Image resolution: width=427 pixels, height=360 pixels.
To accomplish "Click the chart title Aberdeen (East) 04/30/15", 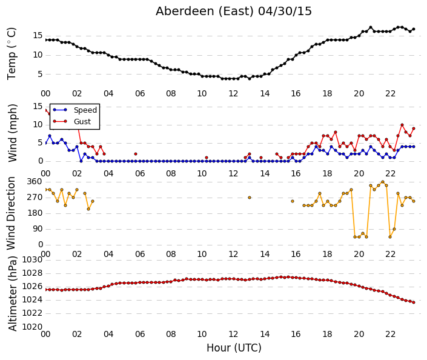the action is [234, 12].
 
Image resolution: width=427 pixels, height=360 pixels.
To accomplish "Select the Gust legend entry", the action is [72, 122].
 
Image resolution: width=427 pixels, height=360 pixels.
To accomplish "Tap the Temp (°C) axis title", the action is [12, 54].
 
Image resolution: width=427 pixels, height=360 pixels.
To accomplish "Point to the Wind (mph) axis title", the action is [12, 133].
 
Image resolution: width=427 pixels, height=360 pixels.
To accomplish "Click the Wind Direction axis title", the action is [11, 213].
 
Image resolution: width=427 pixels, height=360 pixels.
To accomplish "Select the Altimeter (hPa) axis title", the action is [12, 293].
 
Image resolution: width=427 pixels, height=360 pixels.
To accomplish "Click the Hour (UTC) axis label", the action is [234, 348].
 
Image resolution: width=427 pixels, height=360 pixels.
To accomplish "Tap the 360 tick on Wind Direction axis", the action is [35, 182].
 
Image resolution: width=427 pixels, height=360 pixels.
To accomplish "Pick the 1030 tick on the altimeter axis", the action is [32, 260].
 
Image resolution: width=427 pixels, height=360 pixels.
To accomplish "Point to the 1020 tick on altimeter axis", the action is [32, 327].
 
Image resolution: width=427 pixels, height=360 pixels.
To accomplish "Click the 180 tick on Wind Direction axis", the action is [35, 213].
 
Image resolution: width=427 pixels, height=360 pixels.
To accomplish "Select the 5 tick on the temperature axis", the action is [40, 74].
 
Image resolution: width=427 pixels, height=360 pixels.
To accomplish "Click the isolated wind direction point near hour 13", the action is [250, 198].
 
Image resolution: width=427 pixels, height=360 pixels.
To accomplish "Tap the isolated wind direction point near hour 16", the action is [293, 201].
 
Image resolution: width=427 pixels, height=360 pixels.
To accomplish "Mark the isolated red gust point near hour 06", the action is [136, 154].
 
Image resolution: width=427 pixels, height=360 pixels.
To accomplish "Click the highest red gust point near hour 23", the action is [402, 125].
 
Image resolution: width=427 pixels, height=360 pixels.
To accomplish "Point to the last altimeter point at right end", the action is [414, 302].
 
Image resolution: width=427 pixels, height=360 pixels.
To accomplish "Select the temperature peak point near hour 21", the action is [371, 27].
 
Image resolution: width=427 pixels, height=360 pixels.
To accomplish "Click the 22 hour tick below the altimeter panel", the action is [390, 334].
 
